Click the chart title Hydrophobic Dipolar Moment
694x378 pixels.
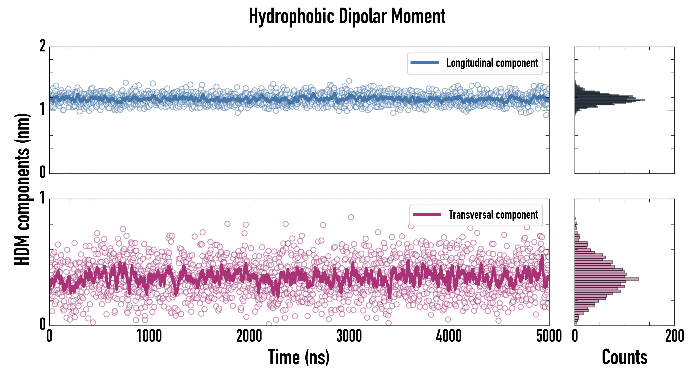click(x=347, y=16)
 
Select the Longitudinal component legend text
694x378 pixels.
click(x=492, y=63)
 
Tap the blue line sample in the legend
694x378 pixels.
click(x=424, y=63)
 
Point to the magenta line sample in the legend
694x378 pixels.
click(x=427, y=215)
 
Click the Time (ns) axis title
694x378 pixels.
click(x=298, y=357)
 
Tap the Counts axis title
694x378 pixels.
click(x=624, y=357)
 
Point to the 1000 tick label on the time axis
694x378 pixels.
click(x=149, y=336)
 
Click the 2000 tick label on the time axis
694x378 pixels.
click(x=249, y=336)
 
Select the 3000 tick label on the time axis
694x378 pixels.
click(x=349, y=336)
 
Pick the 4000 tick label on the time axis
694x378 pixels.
click(x=449, y=336)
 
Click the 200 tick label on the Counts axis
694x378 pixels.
click(x=674, y=336)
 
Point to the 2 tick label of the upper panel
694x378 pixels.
click(x=42, y=46)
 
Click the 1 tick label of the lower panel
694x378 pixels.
click(x=42, y=198)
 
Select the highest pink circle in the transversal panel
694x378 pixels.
click(x=351, y=217)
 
